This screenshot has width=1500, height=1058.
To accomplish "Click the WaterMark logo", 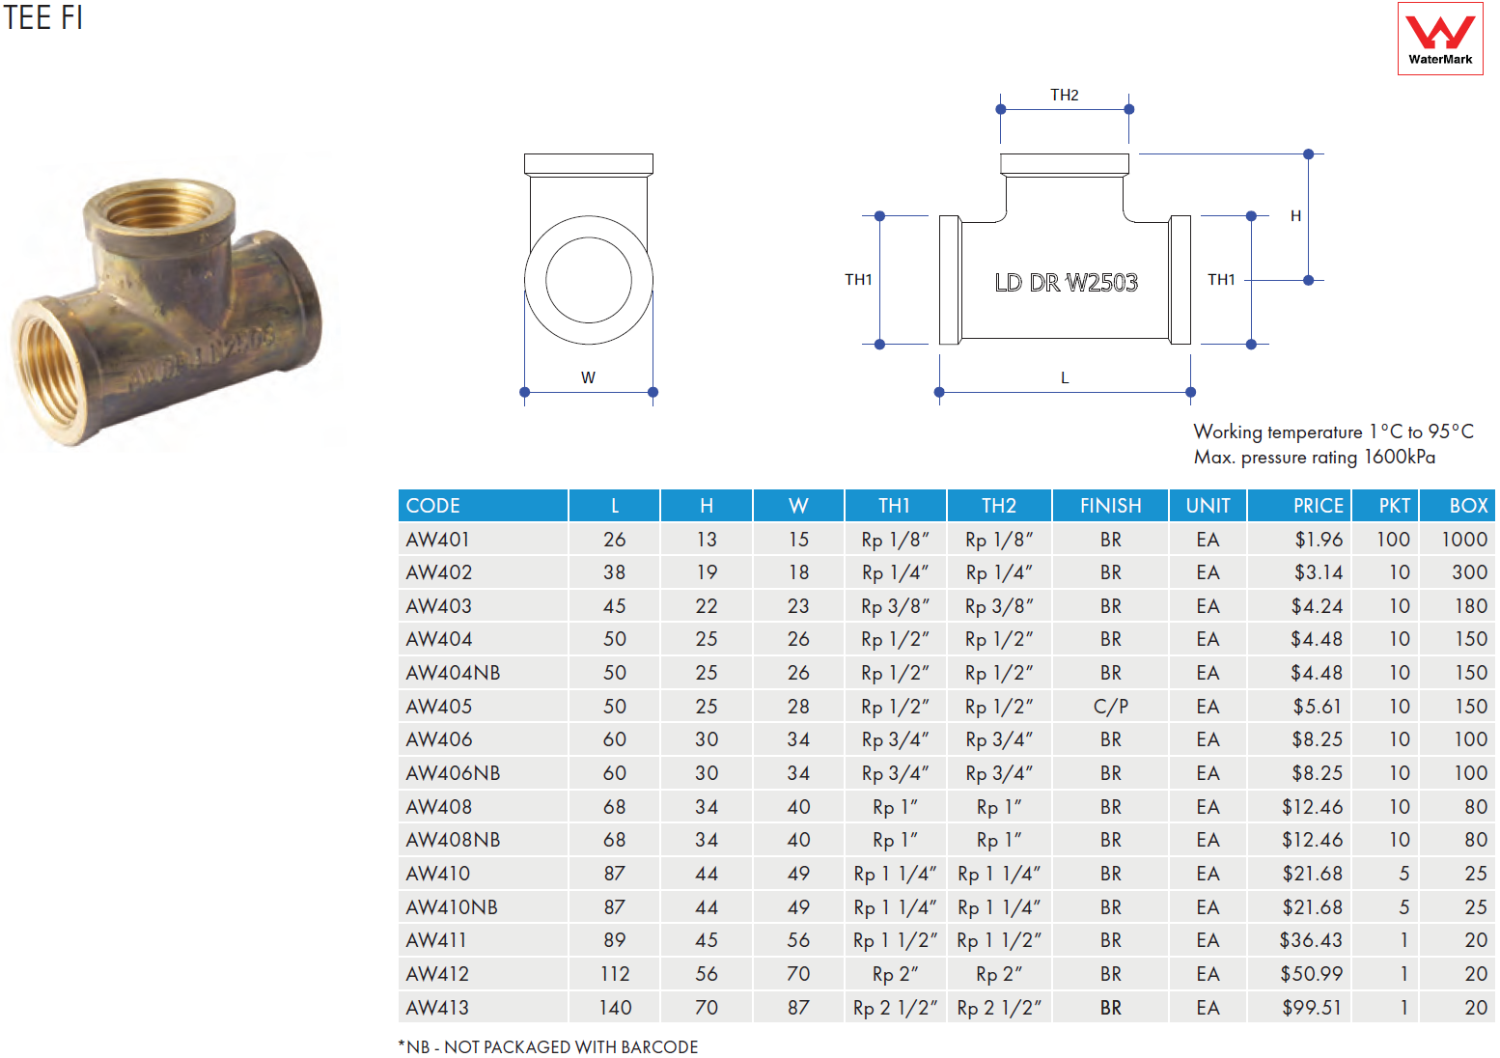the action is pyautogui.click(x=1440, y=39).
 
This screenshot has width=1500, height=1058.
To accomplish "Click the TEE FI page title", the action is pyautogui.click(x=42, y=17).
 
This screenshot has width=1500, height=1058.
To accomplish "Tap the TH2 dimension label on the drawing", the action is pyautogui.click(x=1064, y=96).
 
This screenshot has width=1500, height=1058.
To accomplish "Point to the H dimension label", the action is pyautogui.click(x=1295, y=215).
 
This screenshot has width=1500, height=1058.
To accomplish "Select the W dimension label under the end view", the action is pyautogui.click(x=588, y=377).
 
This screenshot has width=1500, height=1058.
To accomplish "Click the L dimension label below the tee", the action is pyautogui.click(x=1065, y=378).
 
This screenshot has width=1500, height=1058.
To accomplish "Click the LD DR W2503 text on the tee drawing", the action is pyautogui.click(x=1066, y=283).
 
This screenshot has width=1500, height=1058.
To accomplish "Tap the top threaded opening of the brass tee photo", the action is pyautogui.click(x=158, y=207).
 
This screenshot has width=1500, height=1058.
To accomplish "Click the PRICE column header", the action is pyautogui.click(x=1318, y=506).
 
